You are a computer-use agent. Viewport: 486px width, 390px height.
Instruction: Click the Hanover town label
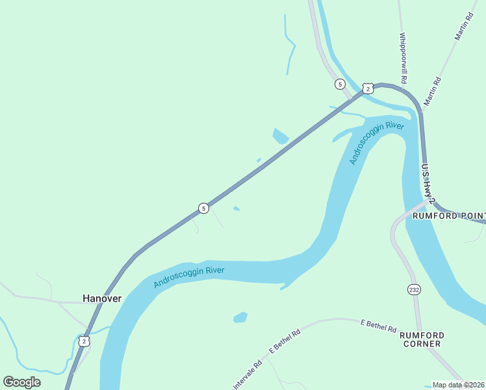click(x=102, y=298)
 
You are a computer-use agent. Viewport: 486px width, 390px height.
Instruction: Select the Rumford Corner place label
click(x=422, y=339)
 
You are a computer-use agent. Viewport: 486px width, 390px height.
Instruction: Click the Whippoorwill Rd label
click(x=403, y=58)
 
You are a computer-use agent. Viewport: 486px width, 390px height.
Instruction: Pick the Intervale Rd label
click(x=248, y=375)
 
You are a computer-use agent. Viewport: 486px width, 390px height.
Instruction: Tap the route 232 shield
click(x=413, y=289)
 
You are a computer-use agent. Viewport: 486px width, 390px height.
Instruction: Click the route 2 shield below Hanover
click(x=83, y=341)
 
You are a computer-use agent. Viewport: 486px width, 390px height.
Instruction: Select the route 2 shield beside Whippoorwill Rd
click(x=368, y=88)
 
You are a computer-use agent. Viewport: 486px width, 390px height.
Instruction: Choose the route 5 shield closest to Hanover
click(x=203, y=208)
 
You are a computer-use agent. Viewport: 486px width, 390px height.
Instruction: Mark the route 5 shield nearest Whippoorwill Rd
click(x=339, y=84)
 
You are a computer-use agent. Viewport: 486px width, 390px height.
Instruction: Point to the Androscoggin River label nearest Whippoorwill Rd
click(x=376, y=142)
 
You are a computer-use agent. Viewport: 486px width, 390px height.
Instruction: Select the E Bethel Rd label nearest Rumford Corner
click(x=378, y=326)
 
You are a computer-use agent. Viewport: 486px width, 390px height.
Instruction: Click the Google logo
click(x=21, y=382)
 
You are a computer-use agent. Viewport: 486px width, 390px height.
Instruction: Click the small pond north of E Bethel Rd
click(x=240, y=317)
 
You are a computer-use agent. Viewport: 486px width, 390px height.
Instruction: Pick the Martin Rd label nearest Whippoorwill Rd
click(x=432, y=91)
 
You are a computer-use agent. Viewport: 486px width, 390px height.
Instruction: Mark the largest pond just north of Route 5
click(x=281, y=136)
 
